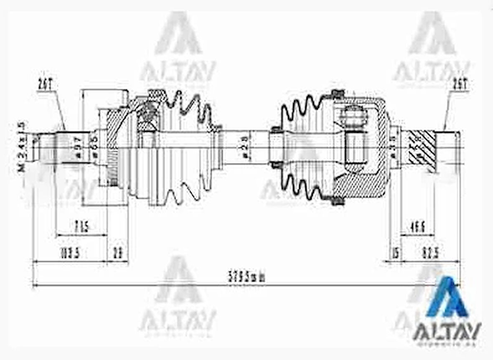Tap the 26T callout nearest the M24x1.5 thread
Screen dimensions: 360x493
(x=46, y=85)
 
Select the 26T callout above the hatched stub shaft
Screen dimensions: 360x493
(x=459, y=85)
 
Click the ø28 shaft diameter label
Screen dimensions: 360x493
(x=246, y=147)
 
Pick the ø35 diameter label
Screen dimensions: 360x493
(x=393, y=147)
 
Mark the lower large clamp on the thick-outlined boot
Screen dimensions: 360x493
(x=338, y=201)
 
